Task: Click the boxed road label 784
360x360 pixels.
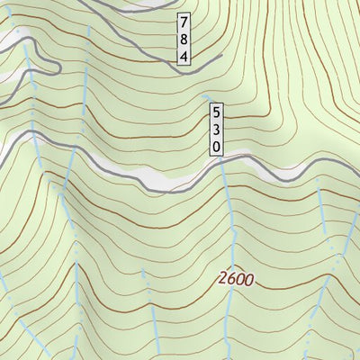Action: pyautogui.click(x=184, y=39)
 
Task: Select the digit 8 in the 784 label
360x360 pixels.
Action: pyautogui.click(x=184, y=39)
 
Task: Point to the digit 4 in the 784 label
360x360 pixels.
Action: pyautogui.click(x=184, y=56)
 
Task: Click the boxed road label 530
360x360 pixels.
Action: pyautogui.click(x=216, y=130)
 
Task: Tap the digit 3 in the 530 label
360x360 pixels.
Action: pyautogui.click(x=216, y=130)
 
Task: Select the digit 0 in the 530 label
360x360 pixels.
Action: pyautogui.click(x=216, y=146)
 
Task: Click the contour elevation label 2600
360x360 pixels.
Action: pyautogui.click(x=236, y=280)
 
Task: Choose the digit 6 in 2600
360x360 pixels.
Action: pyautogui.click(x=231, y=280)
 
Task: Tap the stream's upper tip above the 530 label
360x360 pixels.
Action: pyautogui.click(x=207, y=94)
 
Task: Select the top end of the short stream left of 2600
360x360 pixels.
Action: pyautogui.click(x=142, y=270)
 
